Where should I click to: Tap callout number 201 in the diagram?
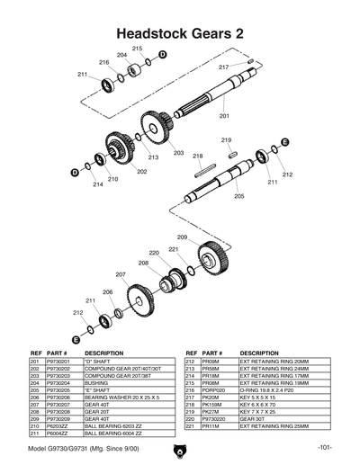224,116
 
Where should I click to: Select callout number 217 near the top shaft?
223,67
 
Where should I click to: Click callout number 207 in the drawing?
120,273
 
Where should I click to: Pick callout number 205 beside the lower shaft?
238,195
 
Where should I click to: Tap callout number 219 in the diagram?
227,140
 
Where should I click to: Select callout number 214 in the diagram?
97,184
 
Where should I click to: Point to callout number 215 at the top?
137,48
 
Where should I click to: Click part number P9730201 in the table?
58,361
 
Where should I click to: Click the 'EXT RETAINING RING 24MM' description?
276,369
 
